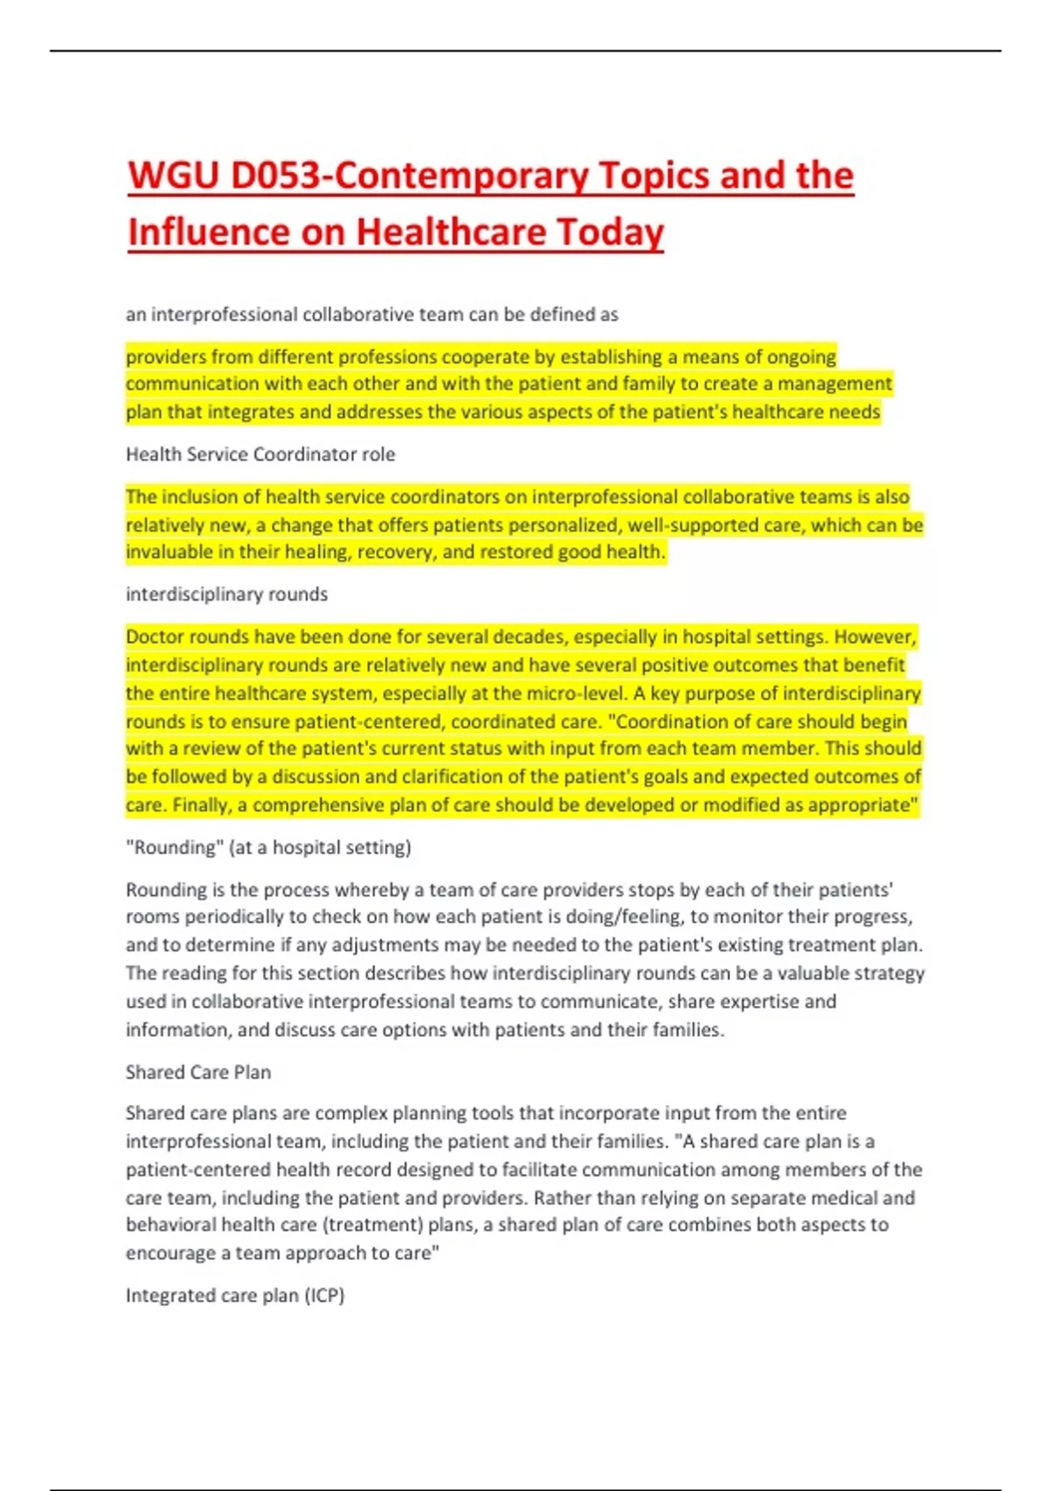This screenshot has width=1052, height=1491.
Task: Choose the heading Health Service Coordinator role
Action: pyautogui.click(x=260, y=454)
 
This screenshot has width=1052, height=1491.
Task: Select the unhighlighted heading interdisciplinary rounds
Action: pyautogui.click(x=226, y=595)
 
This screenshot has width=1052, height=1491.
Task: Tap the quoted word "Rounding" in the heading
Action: pyautogui.click(x=174, y=847)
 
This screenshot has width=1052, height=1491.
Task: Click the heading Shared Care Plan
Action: pyautogui.click(x=198, y=1072)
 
